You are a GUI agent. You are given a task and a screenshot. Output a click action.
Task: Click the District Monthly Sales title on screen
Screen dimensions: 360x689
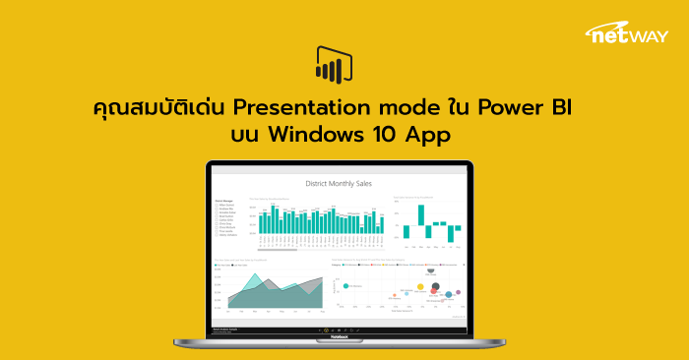(340, 184)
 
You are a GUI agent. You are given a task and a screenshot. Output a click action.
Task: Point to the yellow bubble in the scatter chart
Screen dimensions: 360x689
(420, 287)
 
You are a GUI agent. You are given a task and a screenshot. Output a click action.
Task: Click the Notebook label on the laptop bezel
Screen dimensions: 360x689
(340, 337)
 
